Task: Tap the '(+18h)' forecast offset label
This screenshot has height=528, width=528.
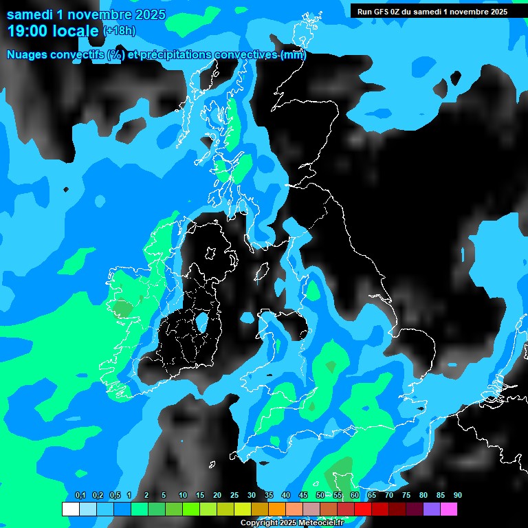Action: click(x=119, y=31)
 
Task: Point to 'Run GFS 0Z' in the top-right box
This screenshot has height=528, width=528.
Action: click(x=379, y=12)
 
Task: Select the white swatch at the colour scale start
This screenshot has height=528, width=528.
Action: click(x=70, y=509)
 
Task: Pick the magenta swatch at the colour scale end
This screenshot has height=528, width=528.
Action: click(x=448, y=509)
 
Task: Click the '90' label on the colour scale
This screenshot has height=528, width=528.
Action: click(x=457, y=496)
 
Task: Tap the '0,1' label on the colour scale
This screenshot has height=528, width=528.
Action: click(x=80, y=496)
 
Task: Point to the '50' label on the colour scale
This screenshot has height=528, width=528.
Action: click(x=320, y=496)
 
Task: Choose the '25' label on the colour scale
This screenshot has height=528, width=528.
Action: click(x=234, y=496)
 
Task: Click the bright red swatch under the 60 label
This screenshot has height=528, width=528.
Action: click(x=362, y=509)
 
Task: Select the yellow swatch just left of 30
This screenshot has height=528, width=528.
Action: click(x=242, y=509)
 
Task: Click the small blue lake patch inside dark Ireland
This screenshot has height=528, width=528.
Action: click(x=202, y=321)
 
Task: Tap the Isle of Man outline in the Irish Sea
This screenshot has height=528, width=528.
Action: click(x=261, y=272)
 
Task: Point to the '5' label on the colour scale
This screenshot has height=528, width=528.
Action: click(x=164, y=496)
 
